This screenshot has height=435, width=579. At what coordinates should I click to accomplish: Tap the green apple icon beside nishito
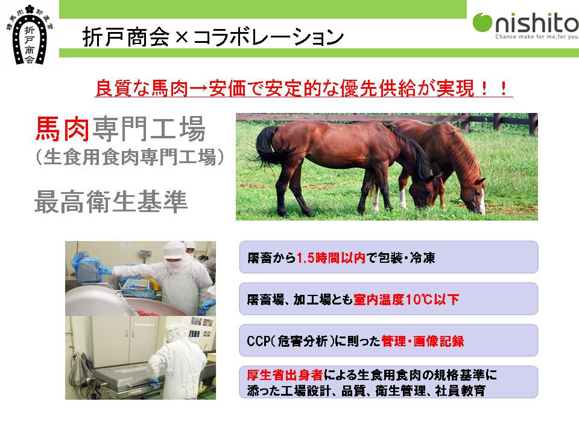click(x=482, y=22)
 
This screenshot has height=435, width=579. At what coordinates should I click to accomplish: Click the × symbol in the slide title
click(x=182, y=37)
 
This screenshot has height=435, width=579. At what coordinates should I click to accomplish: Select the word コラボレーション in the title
click(x=268, y=37)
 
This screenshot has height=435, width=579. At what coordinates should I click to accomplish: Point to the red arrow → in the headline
click(x=198, y=89)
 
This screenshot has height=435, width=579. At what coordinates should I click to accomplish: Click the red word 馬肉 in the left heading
click(x=62, y=129)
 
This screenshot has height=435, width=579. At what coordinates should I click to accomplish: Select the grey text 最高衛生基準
click(x=111, y=202)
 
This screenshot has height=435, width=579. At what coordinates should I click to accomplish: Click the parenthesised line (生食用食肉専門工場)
click(x=130, y=157)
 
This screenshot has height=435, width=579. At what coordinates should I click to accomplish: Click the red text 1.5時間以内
click(x=331, y=257)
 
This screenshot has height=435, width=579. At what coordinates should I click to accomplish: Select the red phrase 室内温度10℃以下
click(x=406, y=299)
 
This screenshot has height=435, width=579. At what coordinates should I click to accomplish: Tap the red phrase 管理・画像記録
click(x=422, y=341)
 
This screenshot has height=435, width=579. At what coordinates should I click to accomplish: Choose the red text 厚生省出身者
click(x=285, y=375)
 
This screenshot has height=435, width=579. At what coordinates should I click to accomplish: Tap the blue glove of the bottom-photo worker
click(x=153, y=381)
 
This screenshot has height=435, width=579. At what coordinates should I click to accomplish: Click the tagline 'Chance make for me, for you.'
click(x=537, y=37)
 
